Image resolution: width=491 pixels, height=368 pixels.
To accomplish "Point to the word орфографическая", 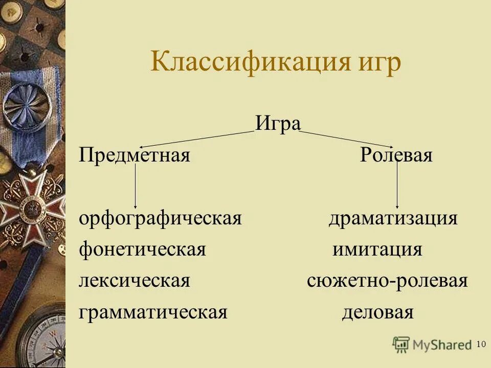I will click(x=160, y=219).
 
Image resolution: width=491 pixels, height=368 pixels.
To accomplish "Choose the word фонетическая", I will click(x=142, y=250).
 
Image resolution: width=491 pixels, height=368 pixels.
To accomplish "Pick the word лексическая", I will click(x=135, y=281).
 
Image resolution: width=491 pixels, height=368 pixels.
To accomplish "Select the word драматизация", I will click(x=393, y=219).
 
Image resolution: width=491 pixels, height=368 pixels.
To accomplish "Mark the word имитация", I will click(x=377, y=250).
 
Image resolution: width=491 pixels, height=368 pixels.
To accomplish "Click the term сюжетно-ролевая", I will click(x=387, y=281).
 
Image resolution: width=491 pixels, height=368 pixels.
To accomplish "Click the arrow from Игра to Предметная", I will click(x=197, y=139).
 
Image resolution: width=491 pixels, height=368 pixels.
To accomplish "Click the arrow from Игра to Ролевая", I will click(x=348, y=139).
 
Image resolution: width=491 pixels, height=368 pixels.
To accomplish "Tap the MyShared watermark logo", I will click(x=432, y=344).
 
